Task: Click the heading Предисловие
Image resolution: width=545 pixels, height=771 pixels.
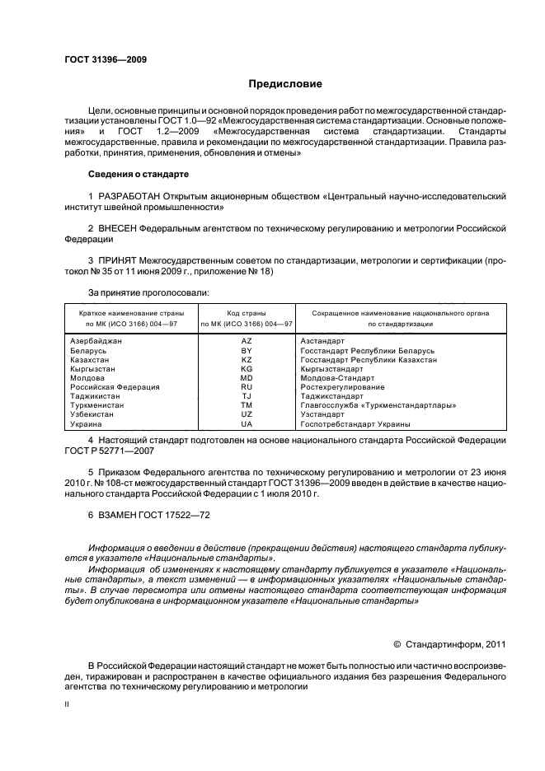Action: click(286, 84)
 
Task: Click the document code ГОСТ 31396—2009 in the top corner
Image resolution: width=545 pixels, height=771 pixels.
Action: click(106, 59)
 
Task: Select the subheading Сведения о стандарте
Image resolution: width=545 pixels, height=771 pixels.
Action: click(139, 175)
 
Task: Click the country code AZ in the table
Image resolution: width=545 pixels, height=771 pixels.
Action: click(246, 340)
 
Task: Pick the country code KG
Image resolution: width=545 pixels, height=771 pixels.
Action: click(246, 369)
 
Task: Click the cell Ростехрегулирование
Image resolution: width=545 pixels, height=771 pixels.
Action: click(342, 386)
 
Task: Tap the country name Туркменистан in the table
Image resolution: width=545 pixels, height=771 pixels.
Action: click(97, 405)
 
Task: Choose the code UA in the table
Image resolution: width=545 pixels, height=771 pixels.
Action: click(246, 423)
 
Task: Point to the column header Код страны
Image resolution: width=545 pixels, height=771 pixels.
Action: click(246, 313)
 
